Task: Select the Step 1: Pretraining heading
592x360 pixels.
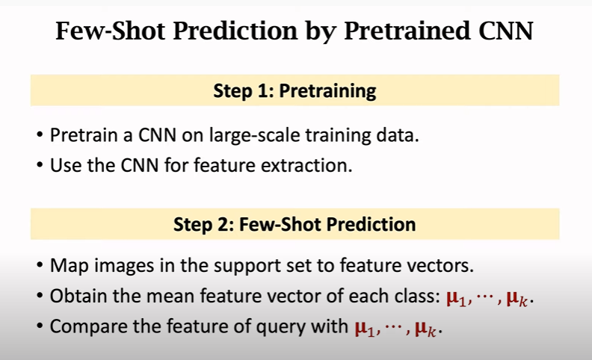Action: click(295, 92)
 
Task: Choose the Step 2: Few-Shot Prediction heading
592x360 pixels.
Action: click(295, 223)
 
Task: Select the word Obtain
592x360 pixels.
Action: click(76, 296)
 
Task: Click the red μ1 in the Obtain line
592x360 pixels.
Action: click(456, 297)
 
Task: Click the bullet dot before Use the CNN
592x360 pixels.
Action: click(39, 165)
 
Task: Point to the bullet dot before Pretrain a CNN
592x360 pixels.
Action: click(39, 137)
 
